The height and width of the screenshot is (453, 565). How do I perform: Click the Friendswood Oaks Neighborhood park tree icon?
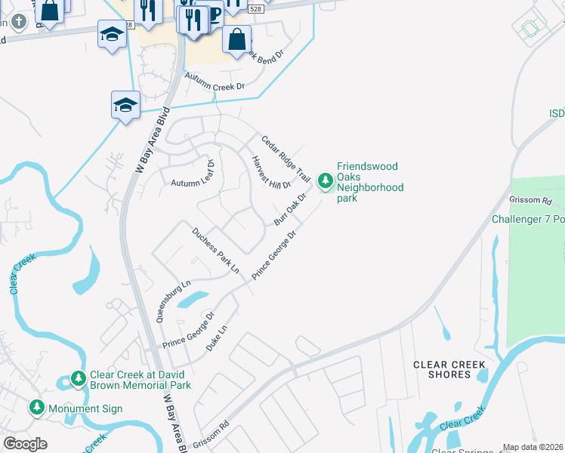(326, 180)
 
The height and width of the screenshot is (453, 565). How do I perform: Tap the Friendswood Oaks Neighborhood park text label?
(369, 183)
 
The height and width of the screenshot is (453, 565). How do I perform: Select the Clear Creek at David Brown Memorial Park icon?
(78, 377)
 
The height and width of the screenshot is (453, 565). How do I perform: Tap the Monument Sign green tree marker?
(36, 408)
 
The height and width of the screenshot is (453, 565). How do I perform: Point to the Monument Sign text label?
(85, 409)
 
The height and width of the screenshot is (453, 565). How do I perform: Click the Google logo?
(25, 444)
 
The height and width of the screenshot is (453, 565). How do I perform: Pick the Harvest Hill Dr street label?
(271, 173)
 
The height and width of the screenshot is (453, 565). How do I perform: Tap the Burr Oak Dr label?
(289, 209)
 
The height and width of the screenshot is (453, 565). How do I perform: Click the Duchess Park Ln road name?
(215, 250)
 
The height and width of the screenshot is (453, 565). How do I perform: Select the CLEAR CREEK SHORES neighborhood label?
(449, 370)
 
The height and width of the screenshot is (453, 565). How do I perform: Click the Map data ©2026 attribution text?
(533, 447)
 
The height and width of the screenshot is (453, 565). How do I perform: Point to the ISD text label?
(556, 113)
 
